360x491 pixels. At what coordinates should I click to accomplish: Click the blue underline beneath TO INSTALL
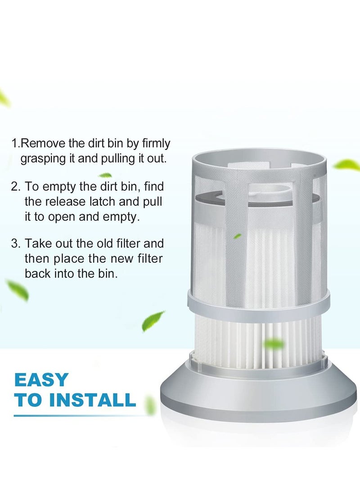[75, 415]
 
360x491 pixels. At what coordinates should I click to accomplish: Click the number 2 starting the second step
[14, 186]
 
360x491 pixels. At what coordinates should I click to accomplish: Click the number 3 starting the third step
[14, 244]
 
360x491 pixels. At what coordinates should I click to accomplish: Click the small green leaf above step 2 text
[105, 175]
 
